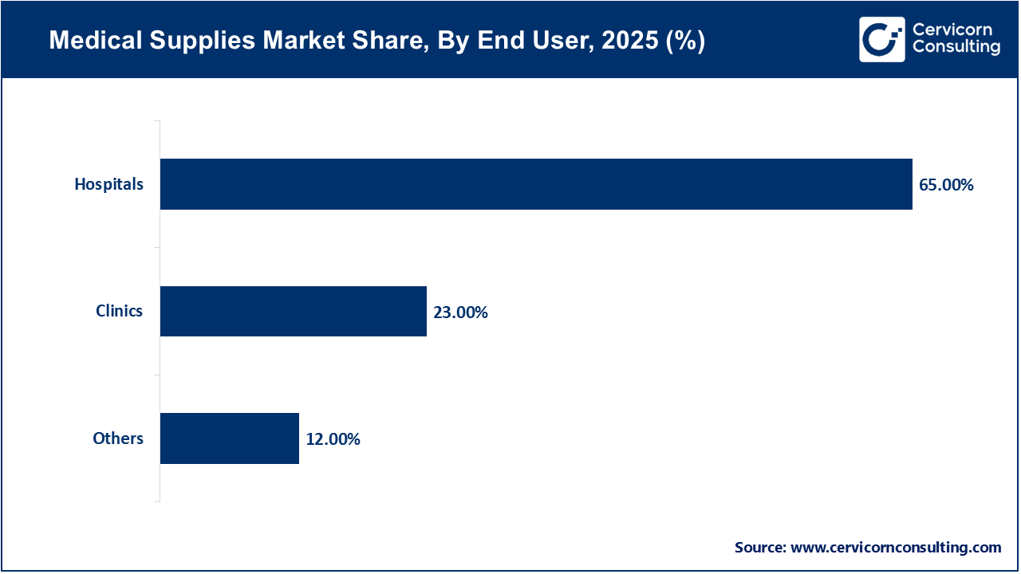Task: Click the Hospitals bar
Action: (536, 184)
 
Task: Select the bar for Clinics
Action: (294, 311)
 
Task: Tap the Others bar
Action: (230, 438)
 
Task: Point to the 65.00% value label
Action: (946, 185)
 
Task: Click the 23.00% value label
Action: (460, 313)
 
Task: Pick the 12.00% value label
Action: (333, 439)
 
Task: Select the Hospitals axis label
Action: (109, 184)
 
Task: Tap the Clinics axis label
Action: (119, 311)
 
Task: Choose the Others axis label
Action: (118, 438)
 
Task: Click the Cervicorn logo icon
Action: (881, 39)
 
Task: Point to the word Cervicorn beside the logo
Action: (952, 30)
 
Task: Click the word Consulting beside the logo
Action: (956, 48)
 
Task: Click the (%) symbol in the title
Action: (687, 41)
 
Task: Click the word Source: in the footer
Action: (760, 548)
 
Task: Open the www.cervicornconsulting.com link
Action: (896, 548)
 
